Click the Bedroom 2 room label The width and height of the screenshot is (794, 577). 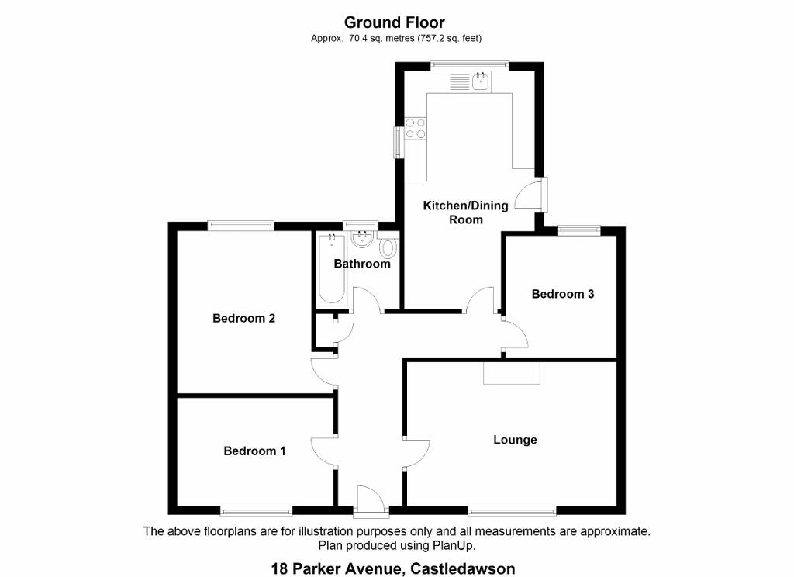(x=243, y=318)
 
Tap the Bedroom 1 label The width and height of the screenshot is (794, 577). (x=254, y=451)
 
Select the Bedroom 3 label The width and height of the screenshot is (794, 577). (x=563, y=294)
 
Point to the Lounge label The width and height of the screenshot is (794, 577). (x=515, y=440)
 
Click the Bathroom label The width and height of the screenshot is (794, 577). (x=362, y=264)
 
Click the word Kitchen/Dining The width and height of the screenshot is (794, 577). (x=465, y=206)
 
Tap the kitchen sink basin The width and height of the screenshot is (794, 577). (x=480, y=81)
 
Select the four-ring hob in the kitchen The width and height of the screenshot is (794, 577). (x=416, y=128)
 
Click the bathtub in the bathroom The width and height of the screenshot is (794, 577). (x=332, y=270)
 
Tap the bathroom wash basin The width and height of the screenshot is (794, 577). (x=362, y=240)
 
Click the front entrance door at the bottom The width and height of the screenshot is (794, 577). (x=371, y=501)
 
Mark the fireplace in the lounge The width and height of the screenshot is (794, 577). (x=512, y=373)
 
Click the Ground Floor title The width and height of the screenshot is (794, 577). (x=395, y=22)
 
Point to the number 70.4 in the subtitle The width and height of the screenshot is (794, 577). (x=357, y=38)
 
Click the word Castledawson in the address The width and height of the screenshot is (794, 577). (x=463, y=568)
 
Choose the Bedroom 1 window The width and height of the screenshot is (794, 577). (x=256, y=510)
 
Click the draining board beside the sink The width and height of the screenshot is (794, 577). (x=459, y=82)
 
